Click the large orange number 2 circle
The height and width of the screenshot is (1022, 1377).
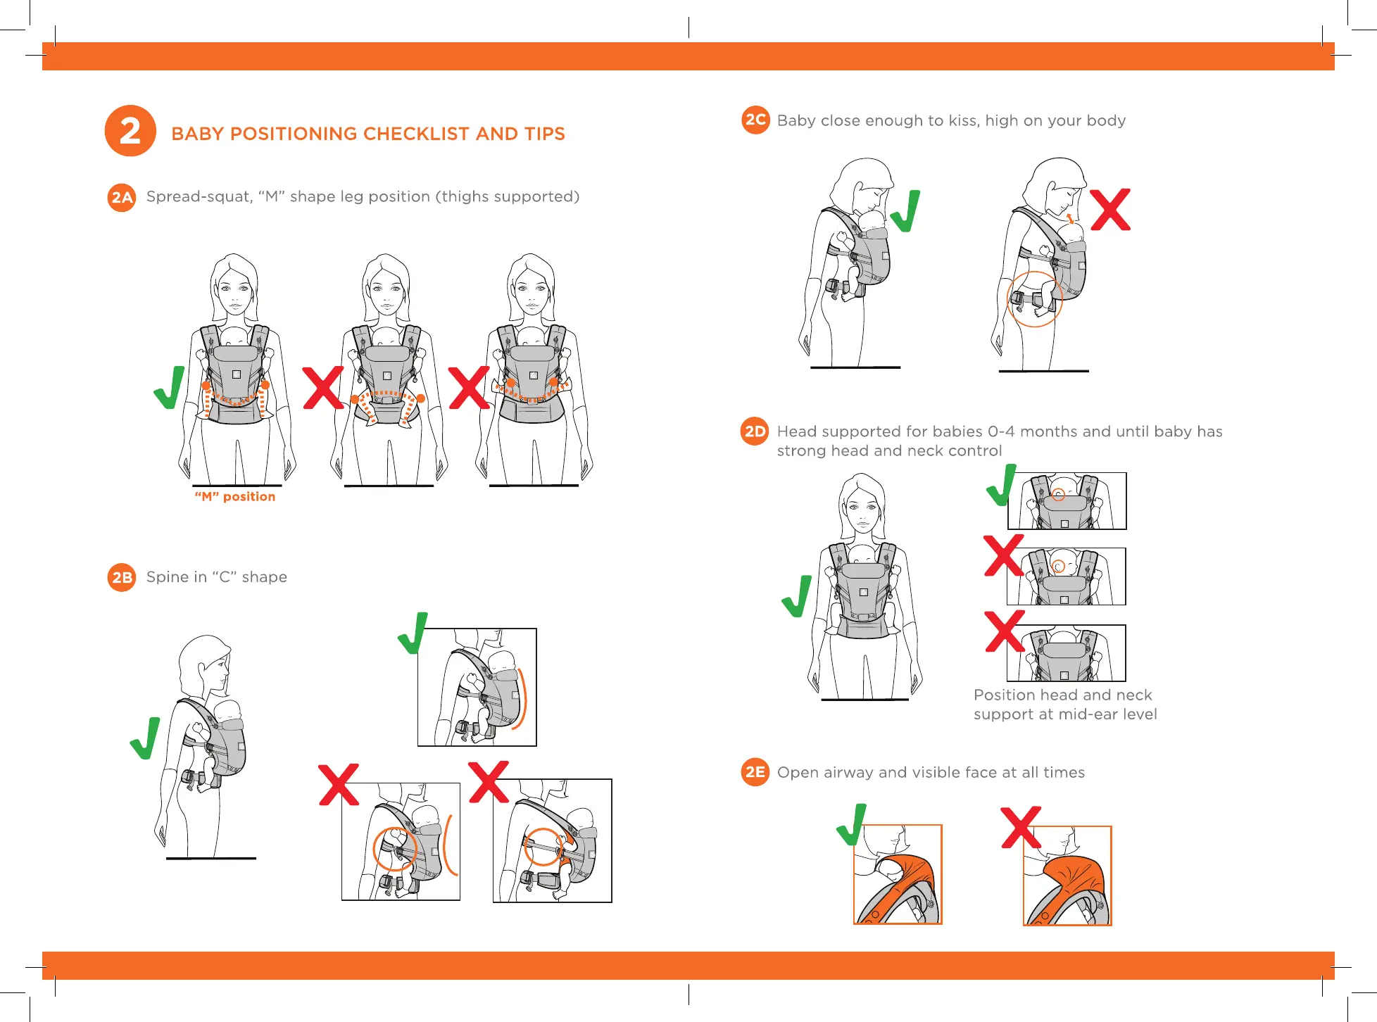click(x=130, y=131)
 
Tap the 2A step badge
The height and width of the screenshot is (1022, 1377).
click(x=122, y=197)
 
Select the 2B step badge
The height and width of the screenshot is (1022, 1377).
click(x=122, y=577)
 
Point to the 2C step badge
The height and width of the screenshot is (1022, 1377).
click(x=755, y=120)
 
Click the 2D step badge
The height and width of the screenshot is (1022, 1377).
click(x=755, y=431)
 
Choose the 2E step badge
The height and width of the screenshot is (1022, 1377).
click(x=755, y=772)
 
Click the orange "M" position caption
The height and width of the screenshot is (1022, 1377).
click(x=235, y=497)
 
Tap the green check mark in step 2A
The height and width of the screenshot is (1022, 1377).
click(x=170, y=387)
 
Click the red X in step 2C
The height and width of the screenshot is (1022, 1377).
click(x=1110, y=210)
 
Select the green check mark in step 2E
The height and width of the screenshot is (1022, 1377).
click(x=852, y=825)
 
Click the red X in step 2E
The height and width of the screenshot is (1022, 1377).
click(x=1021, y=828)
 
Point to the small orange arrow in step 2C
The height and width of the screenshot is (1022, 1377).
click(x=1070, y=218)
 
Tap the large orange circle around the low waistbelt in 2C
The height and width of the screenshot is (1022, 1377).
click(x=1034, y=299)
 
